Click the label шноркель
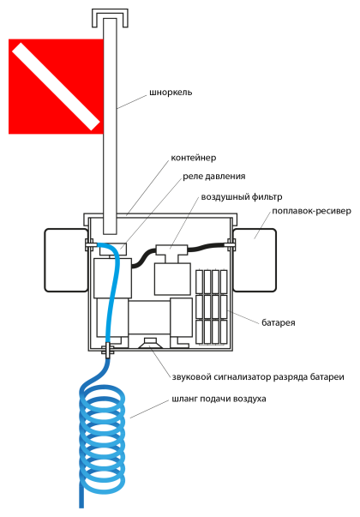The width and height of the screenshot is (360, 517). coord(171,93)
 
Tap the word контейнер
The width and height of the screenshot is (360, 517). coord(194,158)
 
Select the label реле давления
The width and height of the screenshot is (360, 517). coord(214,177)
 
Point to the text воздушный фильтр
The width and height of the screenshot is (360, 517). coord(242,197)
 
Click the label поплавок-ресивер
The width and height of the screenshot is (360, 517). coord(311,211)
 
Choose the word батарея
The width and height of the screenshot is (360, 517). coord(279,322)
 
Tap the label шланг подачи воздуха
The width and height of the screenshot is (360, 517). coord(219,399)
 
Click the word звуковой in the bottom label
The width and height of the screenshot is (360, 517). coord(191,377)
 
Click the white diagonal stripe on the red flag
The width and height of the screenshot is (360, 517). coord(56,86)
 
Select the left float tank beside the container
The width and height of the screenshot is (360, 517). coord(66,260)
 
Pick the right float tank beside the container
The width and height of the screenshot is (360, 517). coord(255,260)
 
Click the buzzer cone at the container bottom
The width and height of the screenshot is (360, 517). coord(149,343)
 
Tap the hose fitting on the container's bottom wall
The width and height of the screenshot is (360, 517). coord(107,350)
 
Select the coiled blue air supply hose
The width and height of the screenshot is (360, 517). coord(102,438)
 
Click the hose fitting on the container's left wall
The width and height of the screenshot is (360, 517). coord(90,244)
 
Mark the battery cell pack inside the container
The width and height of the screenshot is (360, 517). coord(212,307)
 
